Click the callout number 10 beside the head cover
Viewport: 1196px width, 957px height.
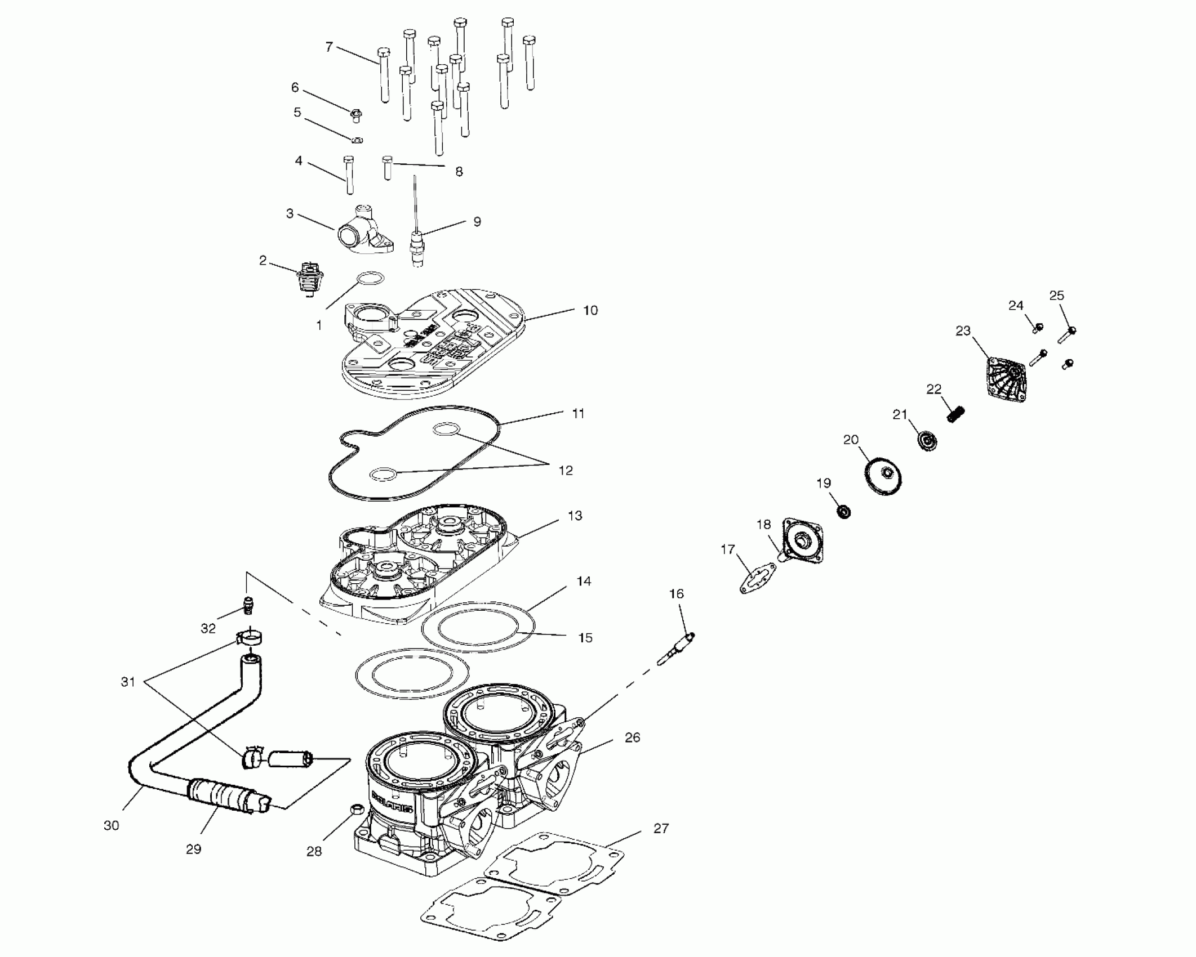[x=590, y=310]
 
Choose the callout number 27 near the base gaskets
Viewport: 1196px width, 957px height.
[x=661, y=828]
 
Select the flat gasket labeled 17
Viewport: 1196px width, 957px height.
[x=754, y=580]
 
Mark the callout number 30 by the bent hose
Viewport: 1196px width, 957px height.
[x=111, y=825]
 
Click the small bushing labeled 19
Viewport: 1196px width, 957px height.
[x=843, y=512]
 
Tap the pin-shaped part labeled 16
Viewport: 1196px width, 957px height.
[x=677, y=647]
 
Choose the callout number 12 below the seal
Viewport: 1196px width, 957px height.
[x=565, y=470]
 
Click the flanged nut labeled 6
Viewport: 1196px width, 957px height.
[x=355, y=116]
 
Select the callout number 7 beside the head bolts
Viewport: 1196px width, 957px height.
[x=330, y=47]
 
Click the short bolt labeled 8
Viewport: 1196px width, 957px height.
[x=387, y=167]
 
